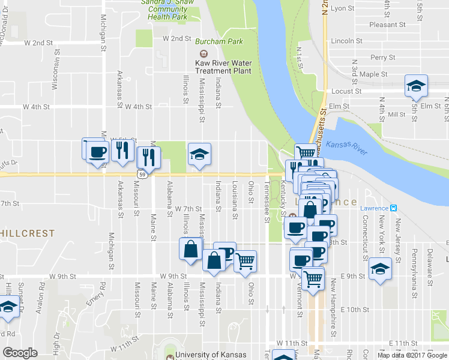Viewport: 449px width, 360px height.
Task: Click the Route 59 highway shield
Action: (x=141, y=174)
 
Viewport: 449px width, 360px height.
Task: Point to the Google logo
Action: (x=20, y=353)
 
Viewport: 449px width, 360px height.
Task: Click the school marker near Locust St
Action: (x=415, y=87)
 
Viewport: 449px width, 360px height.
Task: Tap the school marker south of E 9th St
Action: (x=380, y=268)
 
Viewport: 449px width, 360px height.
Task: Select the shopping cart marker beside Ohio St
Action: (x=245, y=262)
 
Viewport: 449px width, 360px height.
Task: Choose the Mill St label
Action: (x=397, y=115)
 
